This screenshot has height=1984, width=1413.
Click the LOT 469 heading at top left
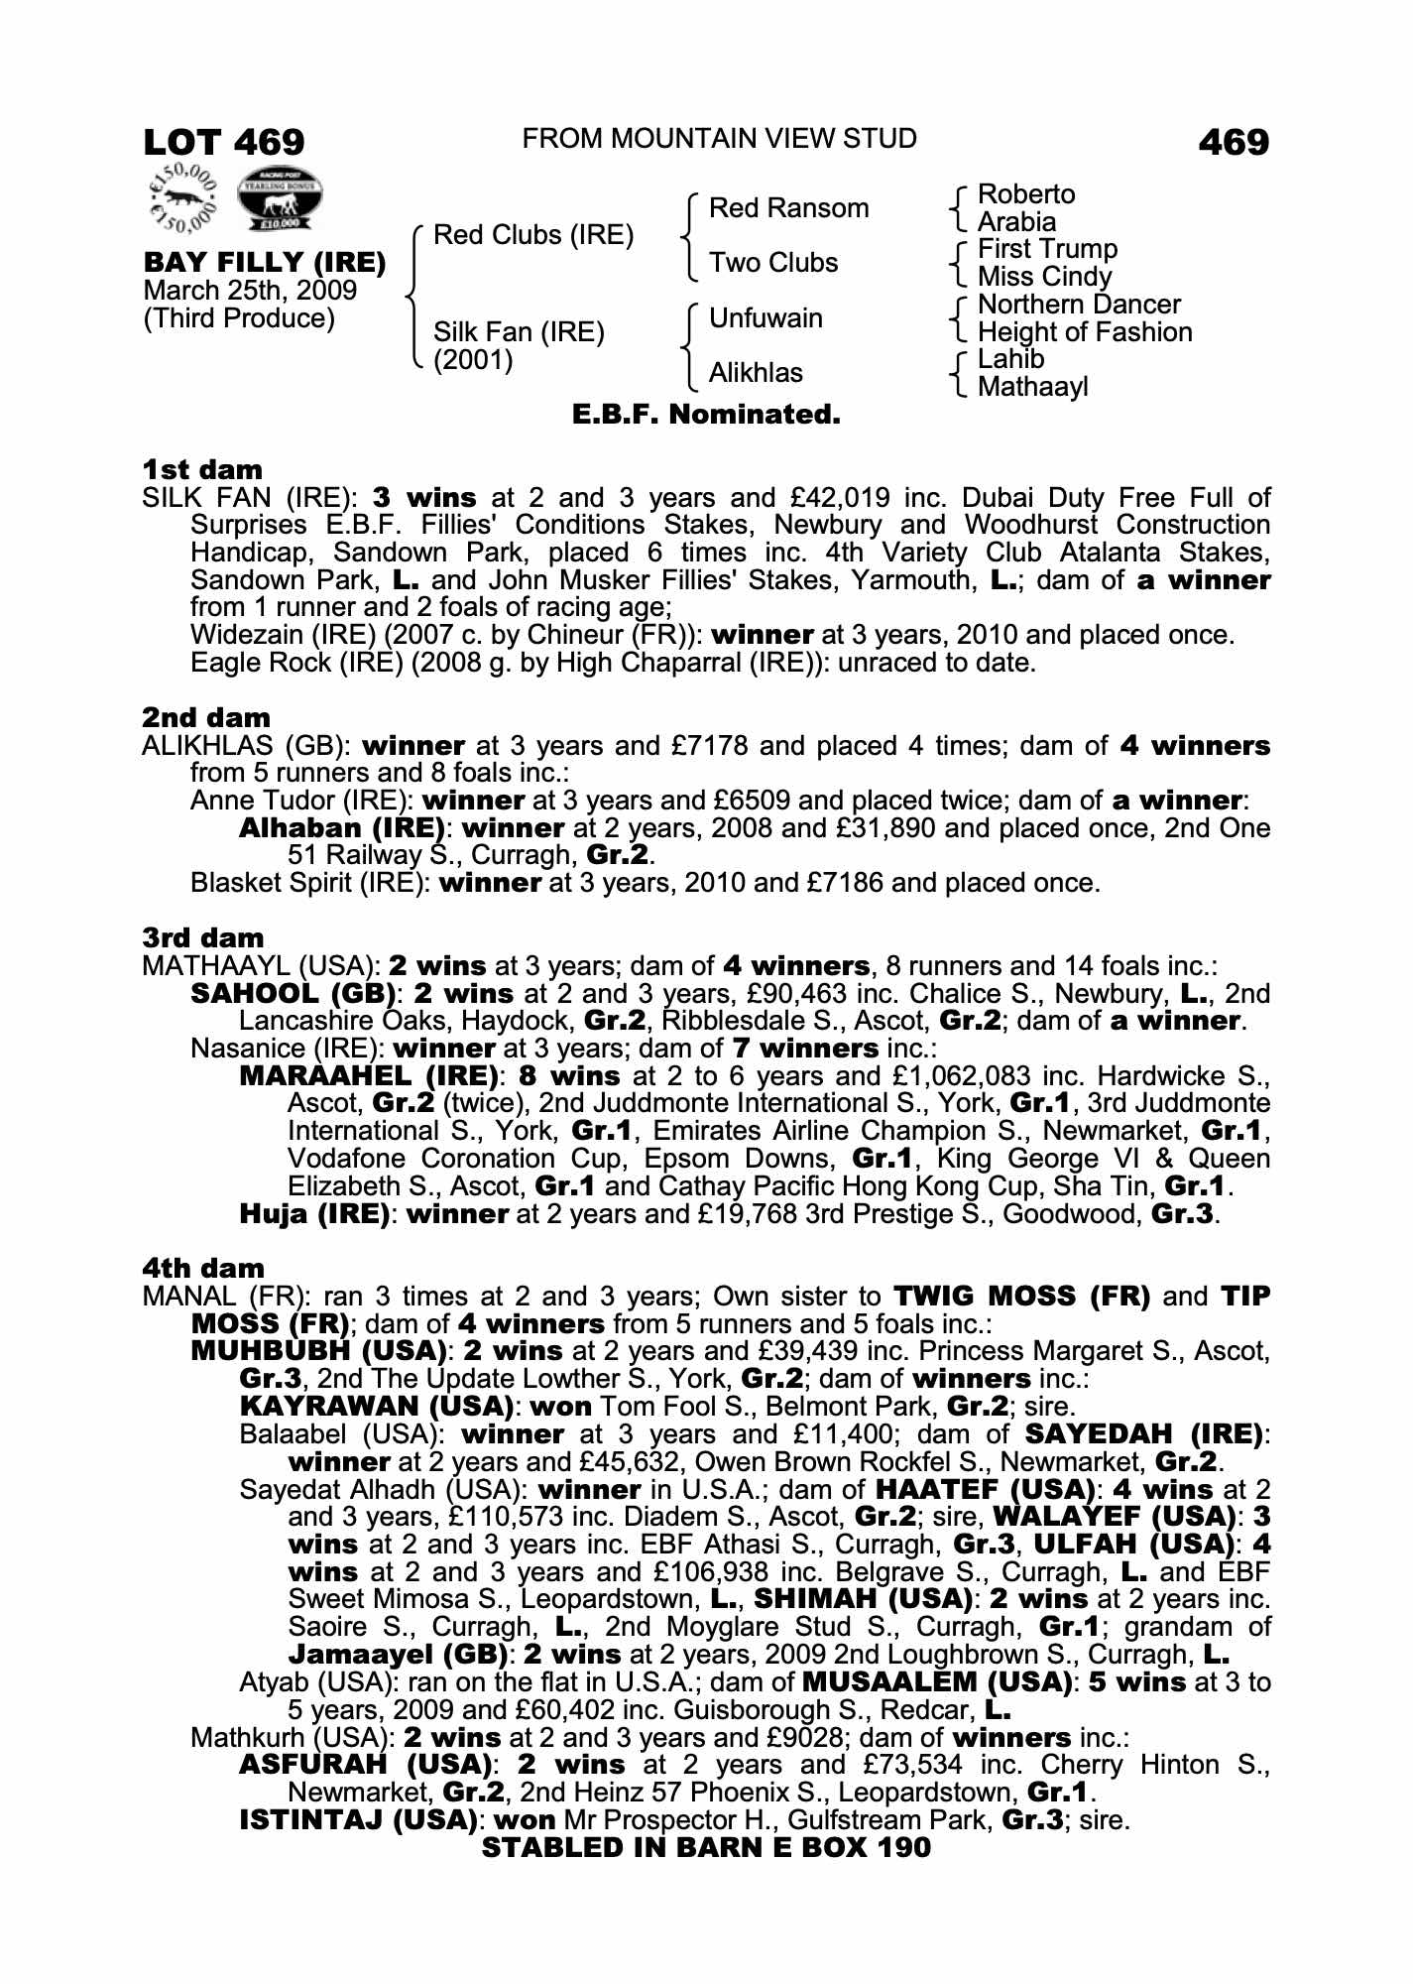(224, 142)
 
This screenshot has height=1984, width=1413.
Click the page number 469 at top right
(1233, 142)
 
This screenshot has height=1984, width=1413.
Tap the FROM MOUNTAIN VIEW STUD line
(719, 138)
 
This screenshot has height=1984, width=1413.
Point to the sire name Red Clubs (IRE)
(533, 235)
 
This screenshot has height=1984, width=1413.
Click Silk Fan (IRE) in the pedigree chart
(519, 331)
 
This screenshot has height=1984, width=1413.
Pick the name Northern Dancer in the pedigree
(1079, 305)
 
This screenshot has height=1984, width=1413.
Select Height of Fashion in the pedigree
(1085, 332)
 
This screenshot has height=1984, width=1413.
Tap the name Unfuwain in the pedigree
(765, 318)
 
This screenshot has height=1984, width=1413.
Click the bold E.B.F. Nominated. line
(706, 415)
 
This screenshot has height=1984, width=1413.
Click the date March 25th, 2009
(250, 291)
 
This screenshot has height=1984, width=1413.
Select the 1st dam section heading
(202, 469)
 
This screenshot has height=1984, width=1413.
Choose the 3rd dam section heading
(203, 937)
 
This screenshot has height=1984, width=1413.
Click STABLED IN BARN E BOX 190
(706, 1848)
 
